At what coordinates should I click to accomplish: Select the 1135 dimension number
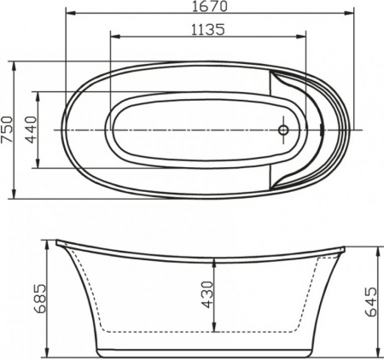coord(208,29)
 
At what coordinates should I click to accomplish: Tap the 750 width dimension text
coord(9,130)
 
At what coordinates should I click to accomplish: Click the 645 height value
coord(369,300)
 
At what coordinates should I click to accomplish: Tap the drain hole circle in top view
coord(283,130)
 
